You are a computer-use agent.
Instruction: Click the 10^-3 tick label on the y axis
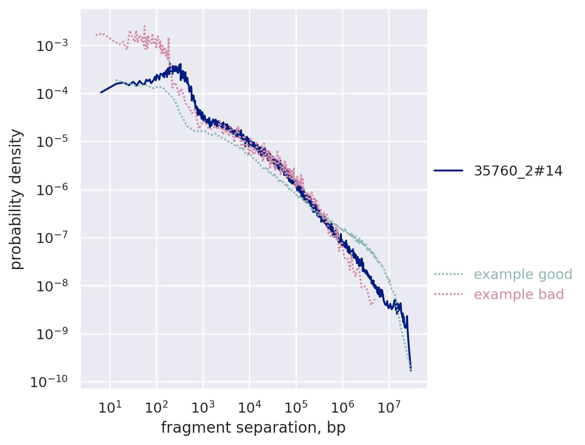(52, 47)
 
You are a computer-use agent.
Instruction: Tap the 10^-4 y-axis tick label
(52, 94)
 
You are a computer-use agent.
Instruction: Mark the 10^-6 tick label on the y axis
(52, 190)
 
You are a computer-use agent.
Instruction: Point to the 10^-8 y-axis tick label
(52, 286)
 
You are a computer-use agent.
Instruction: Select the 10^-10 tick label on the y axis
(49, 382)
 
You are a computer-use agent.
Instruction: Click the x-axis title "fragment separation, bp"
(253, 428)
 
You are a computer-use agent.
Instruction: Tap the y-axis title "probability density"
(16, 199)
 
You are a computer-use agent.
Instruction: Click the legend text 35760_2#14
(518, 171)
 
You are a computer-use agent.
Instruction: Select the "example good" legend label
(523, 274)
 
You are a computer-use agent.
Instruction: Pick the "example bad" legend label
(519, 295)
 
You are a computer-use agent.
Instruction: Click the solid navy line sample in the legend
(448, 171)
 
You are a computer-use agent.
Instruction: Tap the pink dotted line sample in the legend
(448, 295)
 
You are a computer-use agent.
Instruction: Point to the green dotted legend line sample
(448, 274)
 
